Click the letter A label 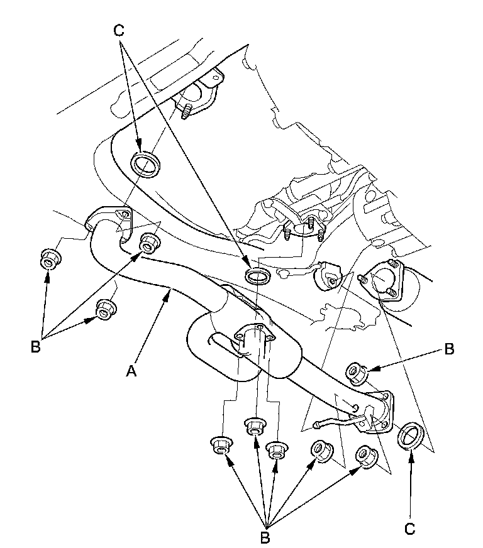click(131, 371)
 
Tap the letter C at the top click(119, 30)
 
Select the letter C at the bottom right click(410, 529)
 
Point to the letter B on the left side click(35, 347)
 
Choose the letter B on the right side click(449, 349)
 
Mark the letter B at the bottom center click(265, 537)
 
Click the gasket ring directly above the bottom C click(411, 436)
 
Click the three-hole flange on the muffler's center click(254, 336)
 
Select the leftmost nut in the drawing click(51, 258)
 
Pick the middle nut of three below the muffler click(255, 426)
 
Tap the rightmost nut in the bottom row click(367, 456)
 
